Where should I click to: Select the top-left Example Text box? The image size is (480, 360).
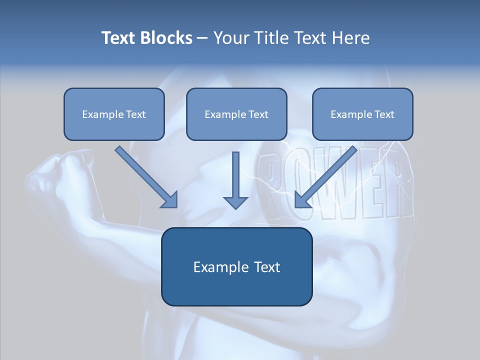coord(114,114)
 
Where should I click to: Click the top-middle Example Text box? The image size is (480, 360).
coord(236,114)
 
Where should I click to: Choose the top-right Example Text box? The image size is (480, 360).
coord(362,114)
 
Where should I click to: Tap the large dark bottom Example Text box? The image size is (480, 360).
coord(236,266)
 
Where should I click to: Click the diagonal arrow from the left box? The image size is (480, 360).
coord(145,176)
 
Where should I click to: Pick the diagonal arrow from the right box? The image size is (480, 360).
coord(327,176)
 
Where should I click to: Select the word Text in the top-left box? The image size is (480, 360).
coord(136,114)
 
